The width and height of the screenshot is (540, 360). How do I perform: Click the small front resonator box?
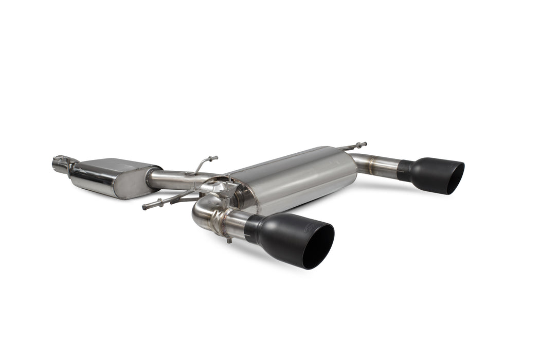pos(113,177)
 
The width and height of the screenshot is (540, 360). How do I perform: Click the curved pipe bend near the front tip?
pos(202,211)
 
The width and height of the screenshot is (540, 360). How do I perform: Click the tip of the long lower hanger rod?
pos(146,207)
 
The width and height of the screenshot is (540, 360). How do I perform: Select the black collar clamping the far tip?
pos(405,170)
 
